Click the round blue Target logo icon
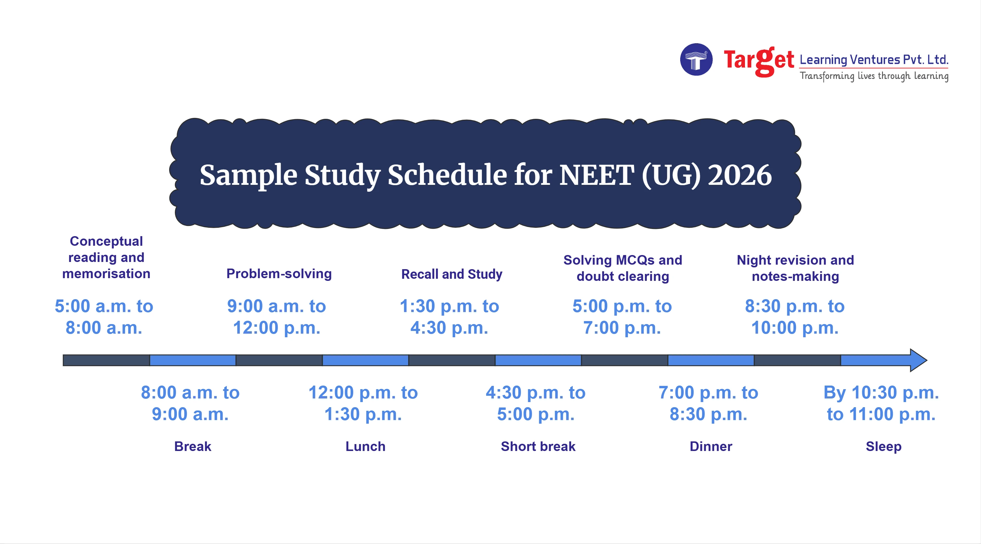tap(696, 59)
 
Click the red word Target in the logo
tap(758, 61)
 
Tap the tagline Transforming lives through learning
tap(874, 76)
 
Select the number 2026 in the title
tap(739, 175)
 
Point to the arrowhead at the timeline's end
tap(918, 360)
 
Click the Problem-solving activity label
tap(279, 274)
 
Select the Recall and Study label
tap(452, 274)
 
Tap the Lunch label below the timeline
tap(365, 446)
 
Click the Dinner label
tap(710, 446)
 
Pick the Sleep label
tap(884, 446)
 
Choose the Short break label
tap(538, 446)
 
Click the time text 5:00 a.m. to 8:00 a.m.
tap(104, 317)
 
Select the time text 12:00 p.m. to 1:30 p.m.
tap(363, 403)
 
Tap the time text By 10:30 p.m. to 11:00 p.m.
tap(881, 403)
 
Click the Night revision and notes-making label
tap(795, 268)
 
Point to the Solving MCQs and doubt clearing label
tap(623, 268)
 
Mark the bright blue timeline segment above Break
tap(193, 360)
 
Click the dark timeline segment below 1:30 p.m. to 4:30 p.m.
tap(452, 360)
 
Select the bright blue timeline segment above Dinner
tap(710, 360)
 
